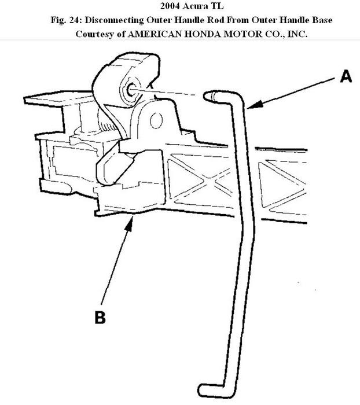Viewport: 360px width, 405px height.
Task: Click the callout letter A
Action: [x=345, y=76]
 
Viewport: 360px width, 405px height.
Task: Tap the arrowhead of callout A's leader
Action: [x=250, y=106]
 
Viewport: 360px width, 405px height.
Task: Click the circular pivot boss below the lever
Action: [x=155, y=120]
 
